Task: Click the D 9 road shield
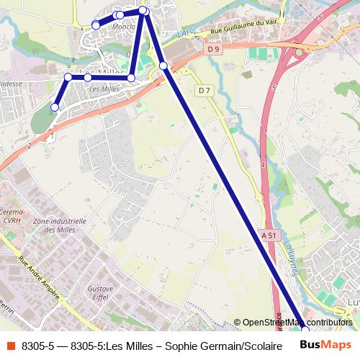212,49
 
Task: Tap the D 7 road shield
204,90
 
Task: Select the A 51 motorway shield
269,235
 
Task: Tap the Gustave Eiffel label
101,292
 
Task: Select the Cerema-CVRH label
14,217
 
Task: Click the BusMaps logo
327,346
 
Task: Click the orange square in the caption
9,346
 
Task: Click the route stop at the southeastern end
305,330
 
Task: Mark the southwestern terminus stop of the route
54,108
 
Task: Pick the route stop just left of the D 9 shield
163,66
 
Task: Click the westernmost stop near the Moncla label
96,25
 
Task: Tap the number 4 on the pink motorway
263,166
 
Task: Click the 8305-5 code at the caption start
37,346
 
